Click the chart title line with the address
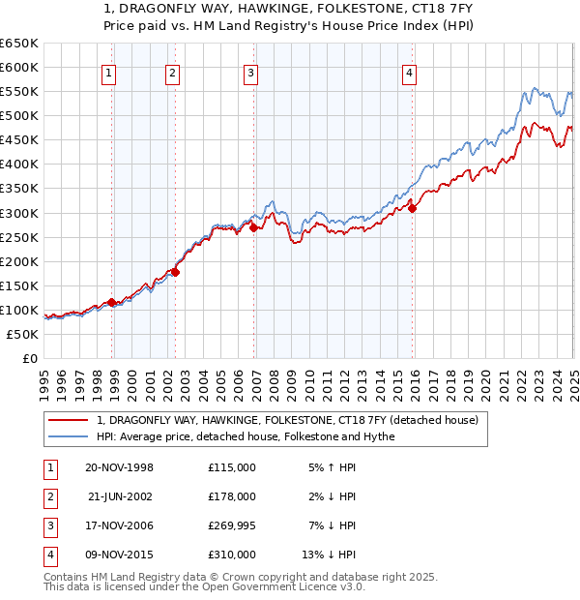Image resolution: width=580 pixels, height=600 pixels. pyautogui.click(x=290, y=11)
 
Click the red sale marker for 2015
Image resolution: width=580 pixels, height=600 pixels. pyautogui.click(x=412, y=207)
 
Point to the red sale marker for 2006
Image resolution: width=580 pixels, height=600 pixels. pyautogui.click(x=253, y=227)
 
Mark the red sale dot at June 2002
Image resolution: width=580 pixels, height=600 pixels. pyautogui.click(x=176, y=272)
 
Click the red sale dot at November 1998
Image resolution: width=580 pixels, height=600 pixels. pyautogui.click(x=112, y=302)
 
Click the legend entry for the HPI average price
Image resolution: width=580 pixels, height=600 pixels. pyautogui.click(x=246, y=436)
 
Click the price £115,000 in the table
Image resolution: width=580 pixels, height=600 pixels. pyautogui.click(x=232, y=467)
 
